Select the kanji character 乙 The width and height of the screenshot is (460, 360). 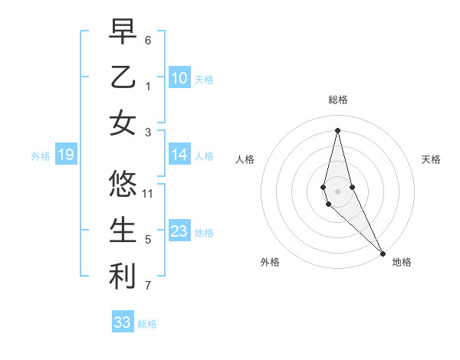[123, 77]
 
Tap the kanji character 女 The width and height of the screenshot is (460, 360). [123, 123]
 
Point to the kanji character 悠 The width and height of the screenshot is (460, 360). [123, 184]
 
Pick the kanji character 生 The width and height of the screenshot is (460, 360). [123, 230]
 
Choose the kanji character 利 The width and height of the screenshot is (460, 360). [123, 277]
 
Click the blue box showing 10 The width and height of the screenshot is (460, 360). [179, 78]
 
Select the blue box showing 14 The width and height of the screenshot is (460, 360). [179, 155]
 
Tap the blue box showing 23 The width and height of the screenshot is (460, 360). [179, 232]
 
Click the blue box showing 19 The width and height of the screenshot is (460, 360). [65, 155]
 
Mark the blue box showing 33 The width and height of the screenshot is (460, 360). [122, 322]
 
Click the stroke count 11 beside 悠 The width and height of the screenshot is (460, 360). [149, 193]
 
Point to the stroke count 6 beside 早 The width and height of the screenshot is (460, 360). [148, 40]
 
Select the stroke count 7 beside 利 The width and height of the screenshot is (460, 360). [148, 286]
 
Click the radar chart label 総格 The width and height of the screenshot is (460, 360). [337, 100]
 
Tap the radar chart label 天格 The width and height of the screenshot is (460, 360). [432, 159]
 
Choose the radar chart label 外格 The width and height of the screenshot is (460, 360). [269, 262]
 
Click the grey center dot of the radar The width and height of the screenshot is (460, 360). [337, 180]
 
